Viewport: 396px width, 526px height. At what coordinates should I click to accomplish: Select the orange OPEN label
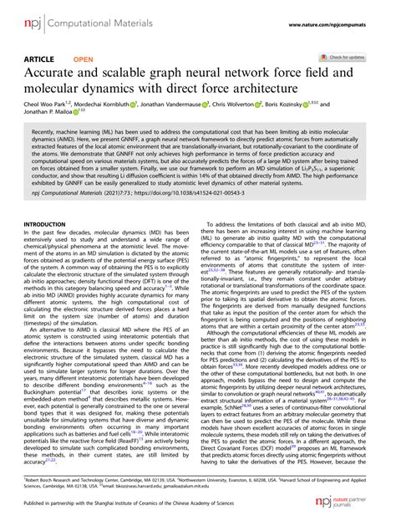tap(84, 60)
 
